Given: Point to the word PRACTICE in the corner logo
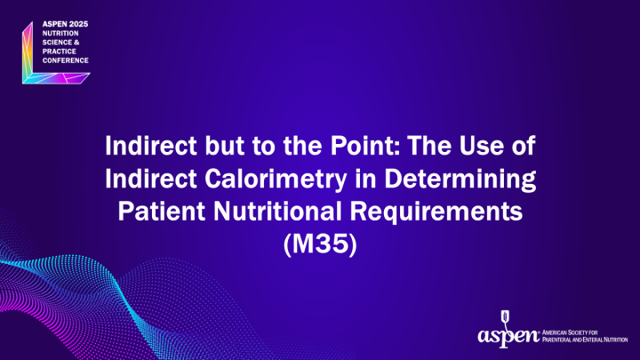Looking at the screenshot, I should point(60,51).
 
